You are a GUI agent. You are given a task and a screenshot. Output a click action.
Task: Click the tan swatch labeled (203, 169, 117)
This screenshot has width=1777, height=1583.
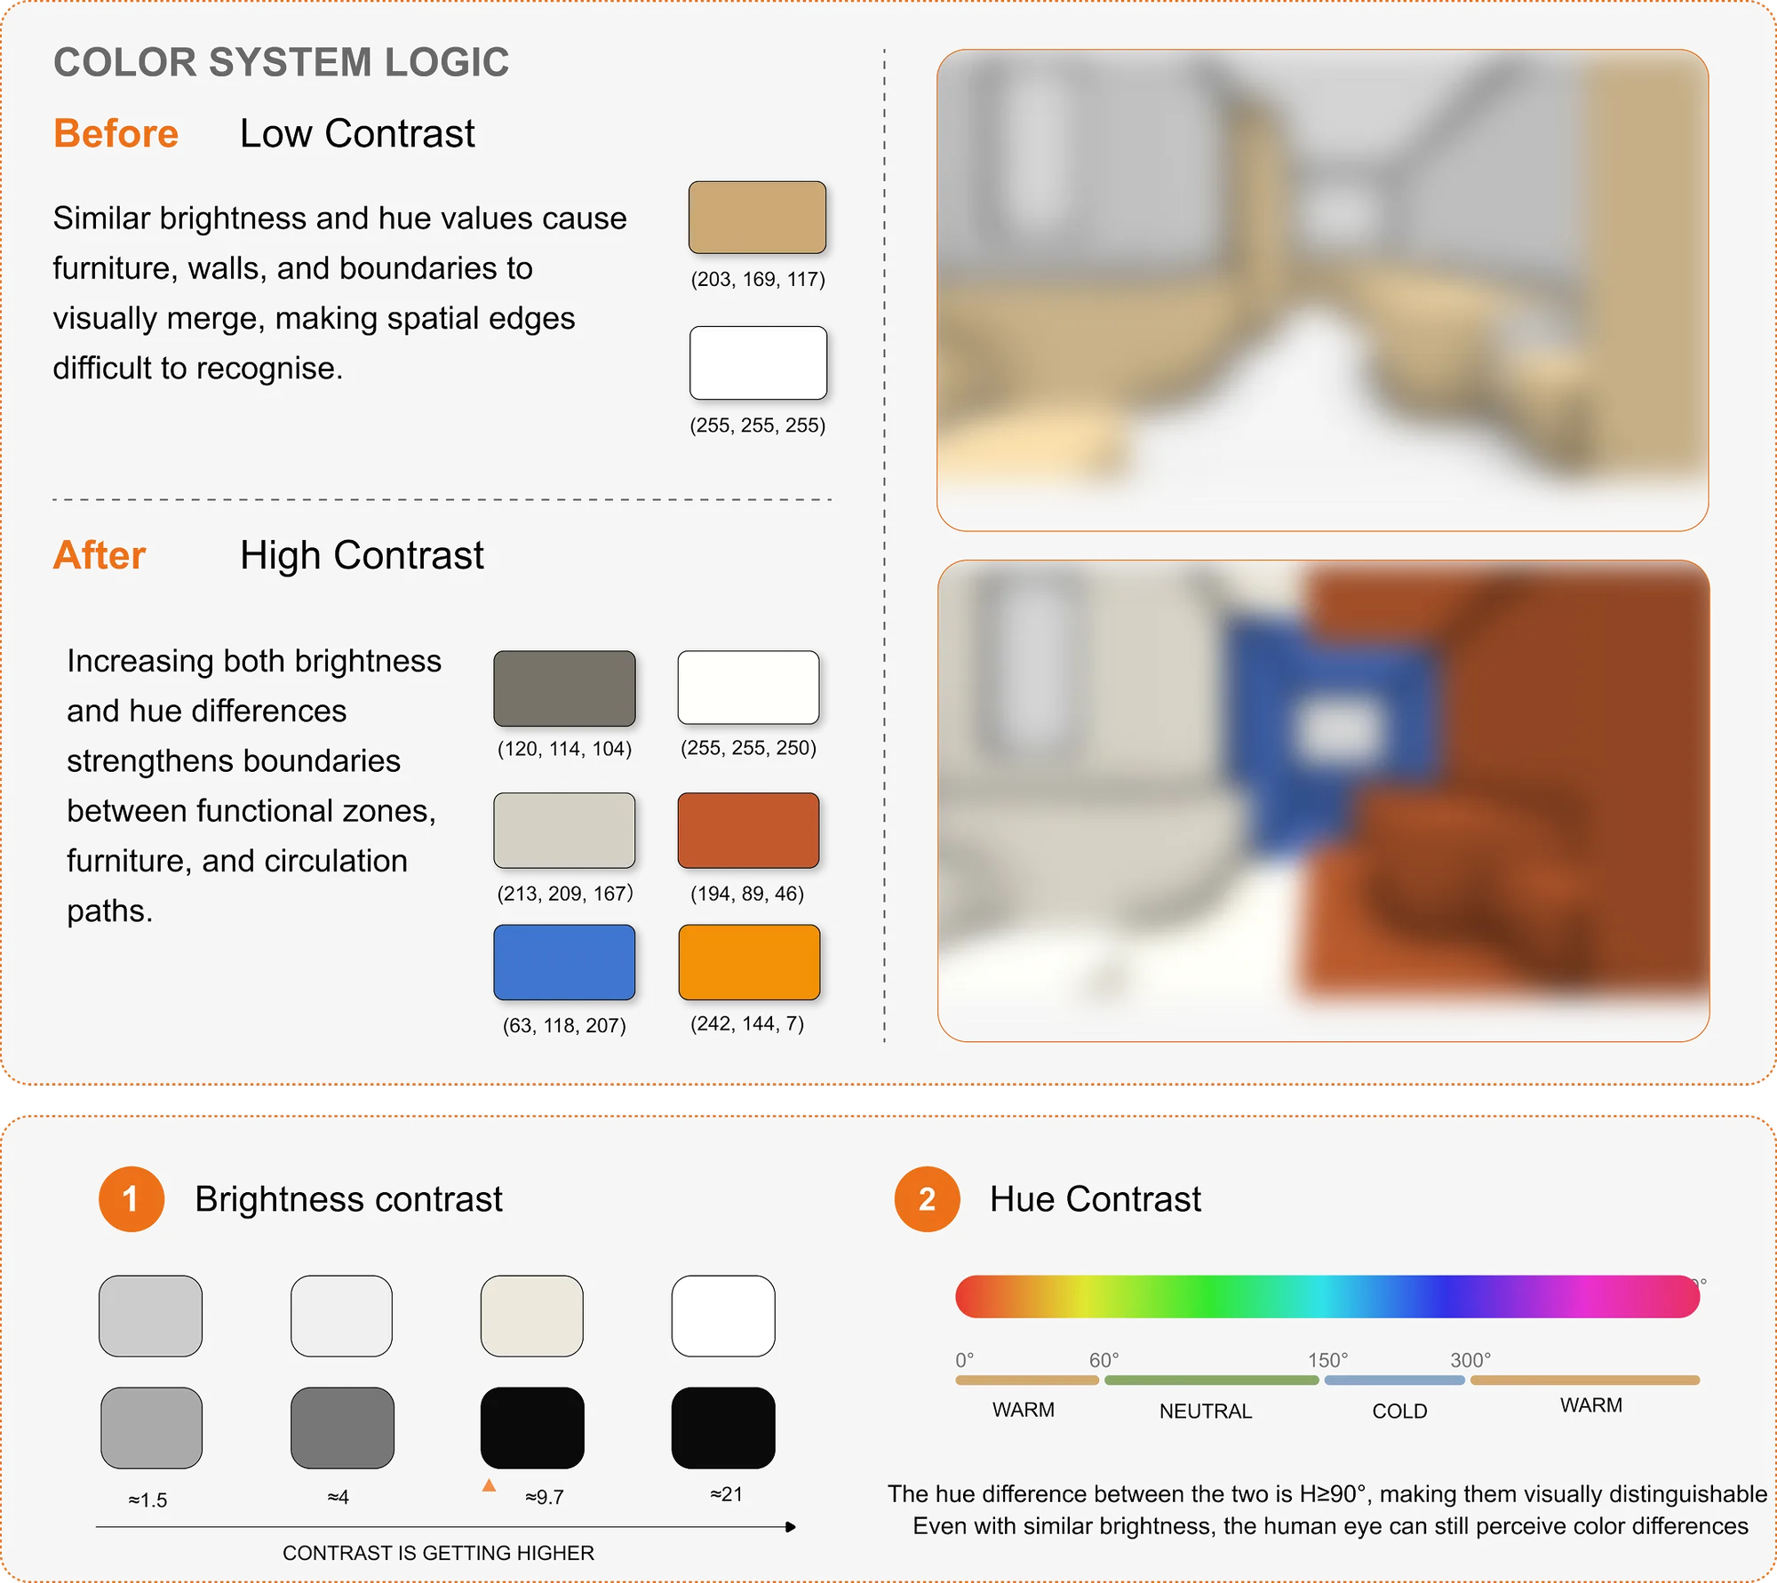click(757, 218)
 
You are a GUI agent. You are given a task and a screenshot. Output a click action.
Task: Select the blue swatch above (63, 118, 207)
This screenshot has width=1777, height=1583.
click(564, 962)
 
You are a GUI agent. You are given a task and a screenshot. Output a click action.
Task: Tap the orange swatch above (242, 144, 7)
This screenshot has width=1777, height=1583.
click(749, 962)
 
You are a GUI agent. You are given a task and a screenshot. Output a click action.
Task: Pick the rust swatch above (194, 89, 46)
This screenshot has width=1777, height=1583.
click(748, 830)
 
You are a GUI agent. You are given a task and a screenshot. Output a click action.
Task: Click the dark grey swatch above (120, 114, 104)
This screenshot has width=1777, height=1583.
click(564, 688)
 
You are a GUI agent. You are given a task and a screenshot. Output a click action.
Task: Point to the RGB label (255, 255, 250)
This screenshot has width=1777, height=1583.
click(748, 748)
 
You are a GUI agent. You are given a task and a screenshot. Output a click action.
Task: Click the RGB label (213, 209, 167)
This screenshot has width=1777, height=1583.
click(565, 894)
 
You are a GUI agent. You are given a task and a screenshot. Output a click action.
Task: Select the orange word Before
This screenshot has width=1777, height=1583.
click(116, 133)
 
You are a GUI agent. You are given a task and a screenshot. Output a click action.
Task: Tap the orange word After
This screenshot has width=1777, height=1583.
click(100, 555)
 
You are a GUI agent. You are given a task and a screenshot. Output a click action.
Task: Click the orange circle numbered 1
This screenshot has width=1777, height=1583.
click(131, 1199)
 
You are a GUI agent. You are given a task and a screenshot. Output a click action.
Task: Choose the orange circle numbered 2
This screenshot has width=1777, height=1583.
click(928, 1199)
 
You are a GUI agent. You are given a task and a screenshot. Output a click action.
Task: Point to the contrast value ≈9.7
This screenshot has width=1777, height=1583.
click(545, 1497)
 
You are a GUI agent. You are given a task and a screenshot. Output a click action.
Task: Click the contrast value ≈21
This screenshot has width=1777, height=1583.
click(727, 1494)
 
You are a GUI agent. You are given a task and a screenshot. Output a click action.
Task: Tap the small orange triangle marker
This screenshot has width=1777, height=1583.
click(489, 1485)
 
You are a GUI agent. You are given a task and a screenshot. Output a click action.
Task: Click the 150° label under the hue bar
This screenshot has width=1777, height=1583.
click(1327, 1360)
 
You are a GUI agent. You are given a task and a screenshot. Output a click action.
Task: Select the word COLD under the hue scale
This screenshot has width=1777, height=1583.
click(1399, 1411)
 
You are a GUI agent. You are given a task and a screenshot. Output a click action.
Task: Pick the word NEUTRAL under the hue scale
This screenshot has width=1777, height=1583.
click(1206, 1411)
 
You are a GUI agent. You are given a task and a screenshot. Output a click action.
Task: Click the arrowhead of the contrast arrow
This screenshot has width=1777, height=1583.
click(791, 1527)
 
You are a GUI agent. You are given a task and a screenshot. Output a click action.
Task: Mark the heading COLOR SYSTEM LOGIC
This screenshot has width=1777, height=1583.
click(282, 62)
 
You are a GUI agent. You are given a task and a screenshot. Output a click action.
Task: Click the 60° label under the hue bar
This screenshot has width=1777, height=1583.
click(1104, 1360)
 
